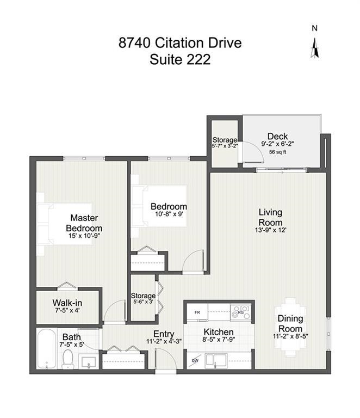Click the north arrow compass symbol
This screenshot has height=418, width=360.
[315, 48]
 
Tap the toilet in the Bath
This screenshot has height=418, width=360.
[68, 359]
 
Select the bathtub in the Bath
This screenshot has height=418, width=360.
[47, 349]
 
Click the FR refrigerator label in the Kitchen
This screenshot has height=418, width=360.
[197, 312]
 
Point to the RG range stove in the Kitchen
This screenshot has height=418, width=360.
[240, 312]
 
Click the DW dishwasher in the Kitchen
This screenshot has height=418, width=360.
[195, 361]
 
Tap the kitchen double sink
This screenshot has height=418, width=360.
[216, 361]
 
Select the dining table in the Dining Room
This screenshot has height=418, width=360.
[290, 327]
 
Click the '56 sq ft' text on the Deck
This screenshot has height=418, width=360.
[278, 152]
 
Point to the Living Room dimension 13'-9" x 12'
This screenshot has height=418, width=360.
[270, 230]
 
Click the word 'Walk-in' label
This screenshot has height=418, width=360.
[67, 303]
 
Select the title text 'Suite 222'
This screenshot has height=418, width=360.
[180, 59]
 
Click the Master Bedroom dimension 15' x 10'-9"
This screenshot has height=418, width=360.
[84, 236]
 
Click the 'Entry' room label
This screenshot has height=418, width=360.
[164, 334]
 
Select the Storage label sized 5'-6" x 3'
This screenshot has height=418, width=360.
[143, 298]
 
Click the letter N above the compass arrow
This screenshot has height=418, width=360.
[315, 28]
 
